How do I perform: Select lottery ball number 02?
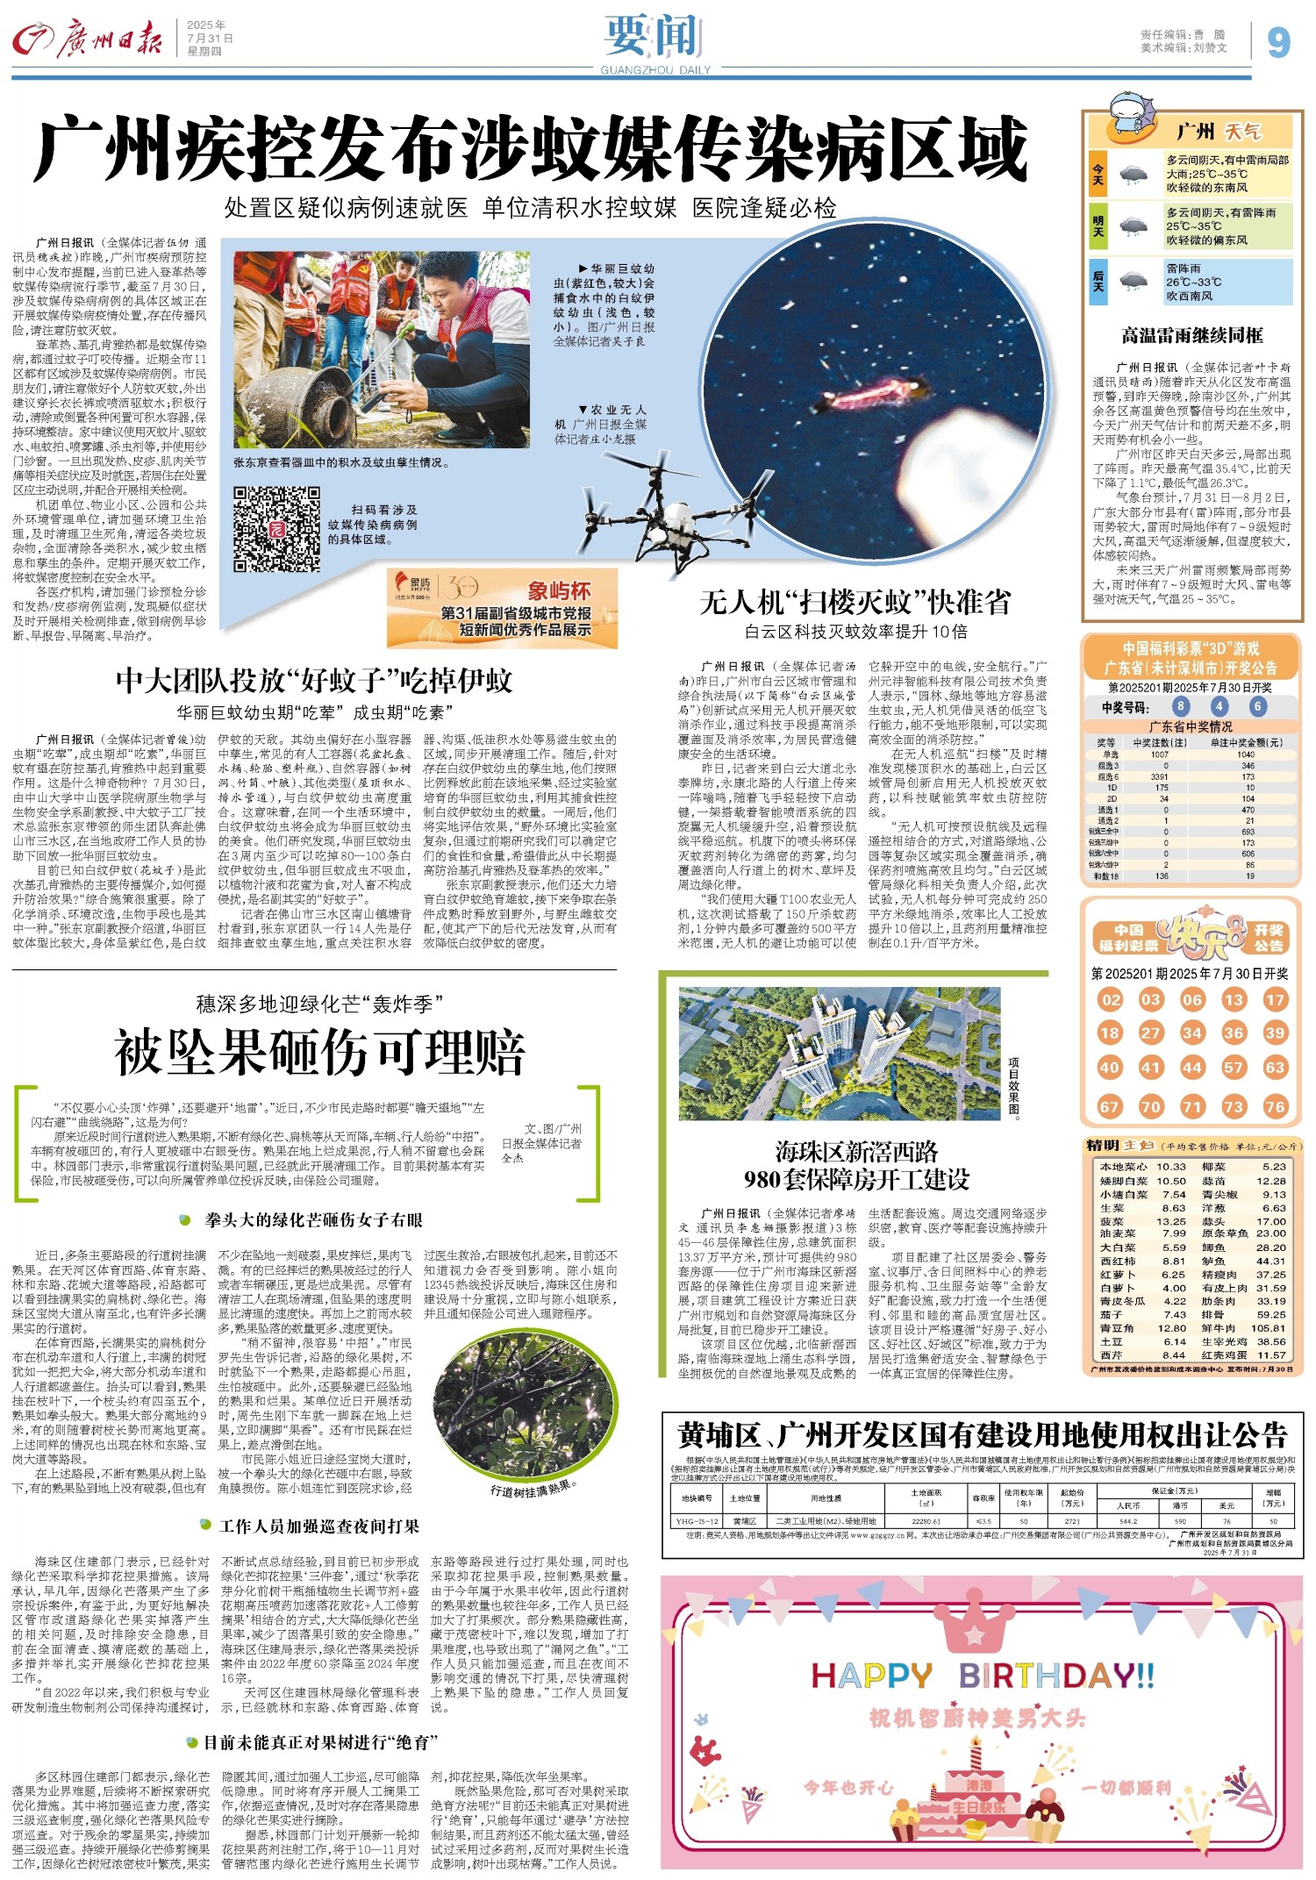pyautogui.click(x=1110, y=999)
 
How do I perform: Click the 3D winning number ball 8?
pyautogui.click(x=1181, y=706)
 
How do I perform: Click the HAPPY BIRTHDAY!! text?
pyautogui.click(x=982, y=1676)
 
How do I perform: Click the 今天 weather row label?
pyautogui.click(x=1098, y=174)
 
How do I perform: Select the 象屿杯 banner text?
pyautogui.click(x=559, y=590)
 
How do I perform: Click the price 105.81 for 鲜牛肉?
pyautogui.click(x=1268, y=1328)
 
